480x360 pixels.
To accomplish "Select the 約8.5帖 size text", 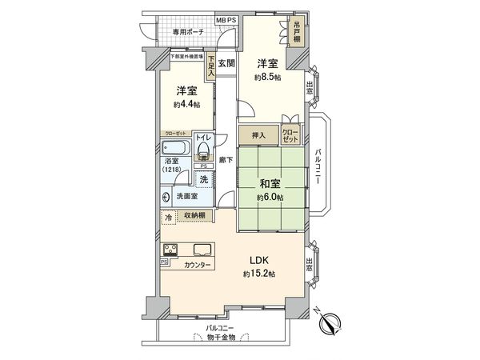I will tap(268, 78).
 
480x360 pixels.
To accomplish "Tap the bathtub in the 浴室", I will tap(174, 149).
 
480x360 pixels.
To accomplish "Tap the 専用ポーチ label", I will tap(189, 32).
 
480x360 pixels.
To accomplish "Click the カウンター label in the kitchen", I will tap(198, 265).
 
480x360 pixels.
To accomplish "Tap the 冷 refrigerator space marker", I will tap(169, 216).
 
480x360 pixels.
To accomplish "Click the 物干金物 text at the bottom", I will tap(220, 337).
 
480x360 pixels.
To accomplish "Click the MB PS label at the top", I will tap(226, 19).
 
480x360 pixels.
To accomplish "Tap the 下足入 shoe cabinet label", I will tap(211, 65).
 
